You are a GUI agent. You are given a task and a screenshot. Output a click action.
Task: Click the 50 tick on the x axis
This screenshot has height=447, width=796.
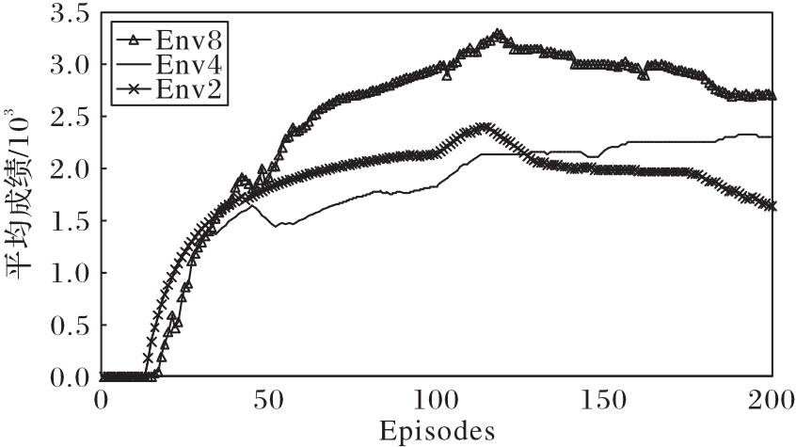point(268,399)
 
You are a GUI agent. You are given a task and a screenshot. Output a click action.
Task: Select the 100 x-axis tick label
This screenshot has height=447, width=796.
point(437,399)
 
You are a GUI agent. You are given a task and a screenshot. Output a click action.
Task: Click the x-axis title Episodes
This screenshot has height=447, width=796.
point(437,432)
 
